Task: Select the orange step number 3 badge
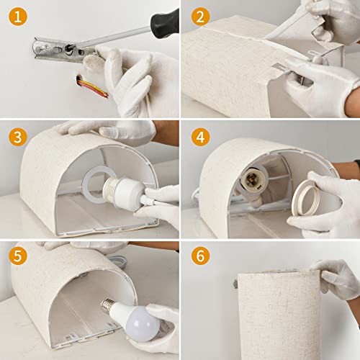[17, 137]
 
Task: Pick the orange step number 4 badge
[199, 137]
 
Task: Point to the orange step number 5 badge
[17, 256]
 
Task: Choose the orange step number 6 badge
[199, 256]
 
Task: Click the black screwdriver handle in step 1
[165, 24]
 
